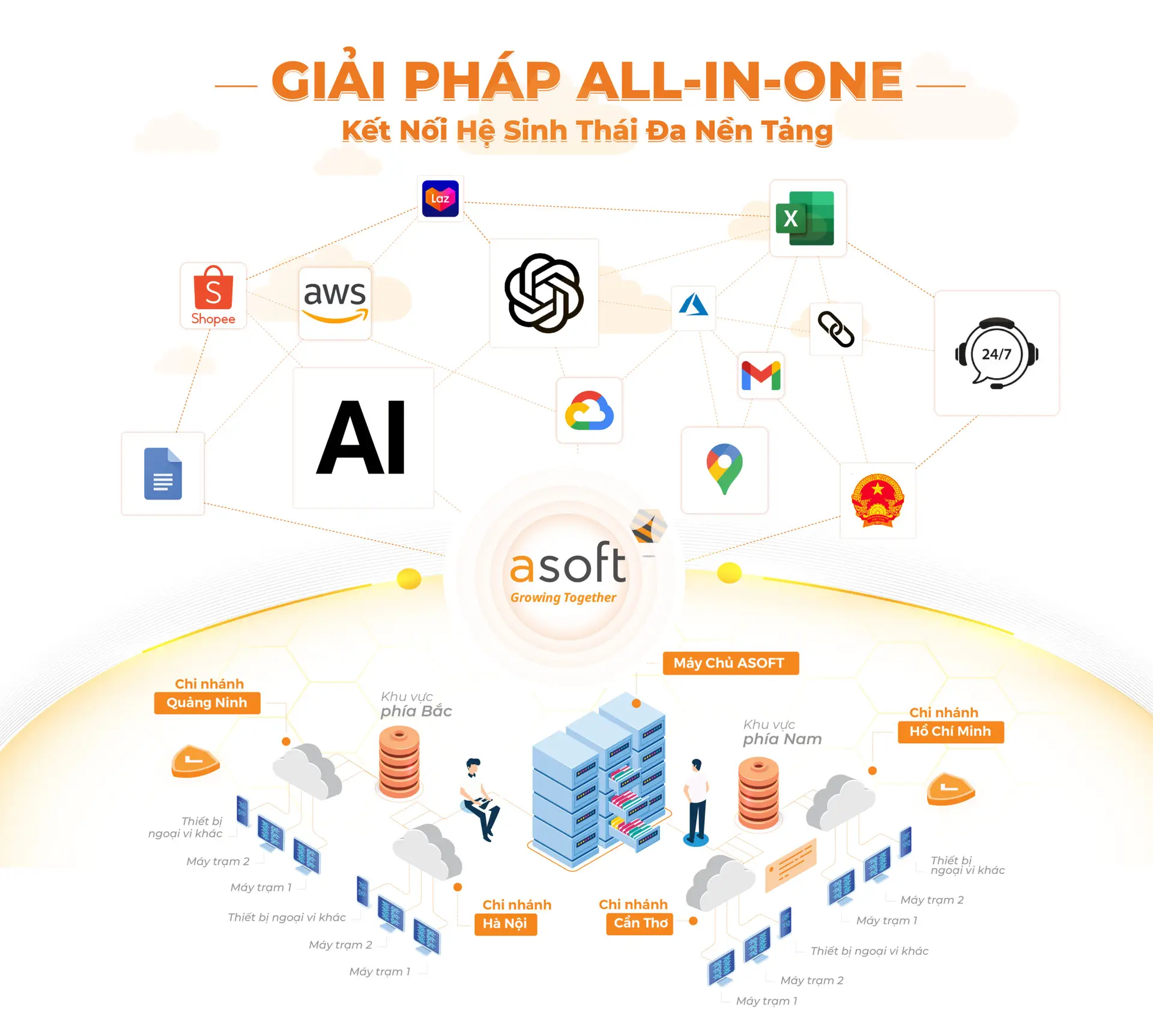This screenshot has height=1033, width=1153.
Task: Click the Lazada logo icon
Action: click(440, 199)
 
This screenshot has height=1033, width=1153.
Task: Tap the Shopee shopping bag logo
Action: click(213, 295)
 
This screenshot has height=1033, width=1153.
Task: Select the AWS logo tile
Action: click(335, 303)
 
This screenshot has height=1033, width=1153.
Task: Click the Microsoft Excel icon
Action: click(805, 218)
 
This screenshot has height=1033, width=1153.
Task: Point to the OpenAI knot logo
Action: click(544, 293)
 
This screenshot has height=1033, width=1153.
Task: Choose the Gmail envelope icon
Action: click(761, 376)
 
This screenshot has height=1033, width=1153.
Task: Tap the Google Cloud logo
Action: click(589, 411)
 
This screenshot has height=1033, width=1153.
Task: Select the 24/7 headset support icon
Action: click(997, 353)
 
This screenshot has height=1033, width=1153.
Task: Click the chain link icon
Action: click(836, 329)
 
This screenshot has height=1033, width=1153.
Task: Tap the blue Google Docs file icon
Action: click(163, 474)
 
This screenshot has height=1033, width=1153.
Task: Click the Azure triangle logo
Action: click(694, 304)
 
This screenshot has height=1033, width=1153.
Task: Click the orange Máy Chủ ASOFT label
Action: click(731, 663)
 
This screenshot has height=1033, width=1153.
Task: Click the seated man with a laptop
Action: click(479, 800)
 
